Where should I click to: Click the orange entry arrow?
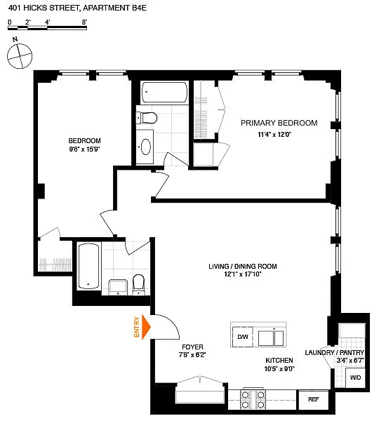point(146,327)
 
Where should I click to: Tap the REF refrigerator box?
point(314,399)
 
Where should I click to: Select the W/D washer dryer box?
point(355,377)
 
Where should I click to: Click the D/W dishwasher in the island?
point(243,337)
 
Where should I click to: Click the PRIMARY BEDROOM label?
point(279,123)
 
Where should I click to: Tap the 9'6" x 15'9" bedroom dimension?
point(85,149)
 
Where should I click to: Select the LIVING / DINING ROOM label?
point(243,267)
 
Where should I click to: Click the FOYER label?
point(192,347)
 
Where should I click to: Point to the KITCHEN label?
point(279,361)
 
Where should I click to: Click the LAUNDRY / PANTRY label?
point(335,352)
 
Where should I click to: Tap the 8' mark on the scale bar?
point(84,22)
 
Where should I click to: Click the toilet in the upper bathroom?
point(147,118)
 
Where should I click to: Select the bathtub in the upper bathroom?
point(164,92)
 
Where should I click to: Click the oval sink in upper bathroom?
point(146,147)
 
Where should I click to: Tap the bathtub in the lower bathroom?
point(88,266)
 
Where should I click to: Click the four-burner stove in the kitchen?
point(253,400)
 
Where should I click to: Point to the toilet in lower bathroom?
point(138,284)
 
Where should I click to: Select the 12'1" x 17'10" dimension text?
point(243,274)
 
